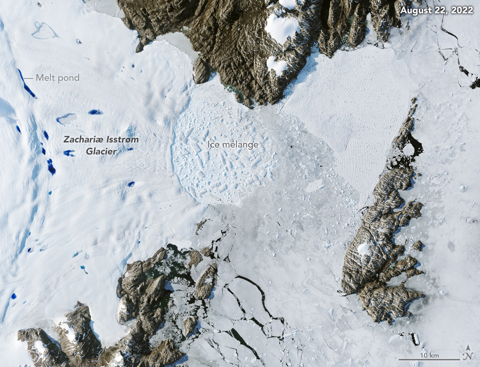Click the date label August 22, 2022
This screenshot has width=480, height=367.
(436, 10)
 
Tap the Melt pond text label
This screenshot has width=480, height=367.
(58, 78)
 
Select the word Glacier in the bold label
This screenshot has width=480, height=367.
(101, 151)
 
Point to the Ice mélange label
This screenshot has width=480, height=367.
(233, 144)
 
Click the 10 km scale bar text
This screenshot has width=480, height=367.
(429, 355)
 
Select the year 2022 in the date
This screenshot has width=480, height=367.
(462, 10)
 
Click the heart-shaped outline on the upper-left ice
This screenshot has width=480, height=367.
(44, 30)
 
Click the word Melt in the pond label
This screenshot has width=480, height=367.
(45, 78)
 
